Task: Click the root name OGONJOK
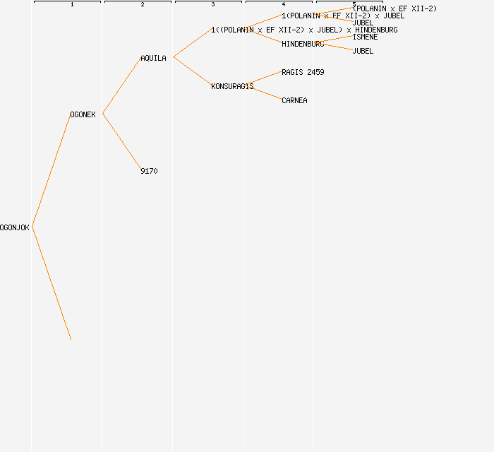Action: (15, 227)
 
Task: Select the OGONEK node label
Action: (83, 114)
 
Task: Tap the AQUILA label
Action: (153, 58)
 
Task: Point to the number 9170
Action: (149, 171)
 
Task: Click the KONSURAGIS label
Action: (232, 86)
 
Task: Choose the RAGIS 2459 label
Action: (303, 72)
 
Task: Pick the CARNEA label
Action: (294, 100)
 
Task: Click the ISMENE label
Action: (365, 37)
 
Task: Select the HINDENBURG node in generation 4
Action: (303, 44)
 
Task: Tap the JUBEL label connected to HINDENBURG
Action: (363, 51)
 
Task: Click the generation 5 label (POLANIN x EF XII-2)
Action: (394, 8)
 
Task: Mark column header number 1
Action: (72, 4)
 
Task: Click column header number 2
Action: (143, 4)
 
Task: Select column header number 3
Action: (213, 4)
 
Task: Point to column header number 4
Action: (284, 4)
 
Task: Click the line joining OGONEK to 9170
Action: (122, 142)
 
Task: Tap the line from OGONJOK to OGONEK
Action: (52, 170)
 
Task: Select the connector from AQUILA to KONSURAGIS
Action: (193, 71)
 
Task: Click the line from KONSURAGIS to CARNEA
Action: (267, 93)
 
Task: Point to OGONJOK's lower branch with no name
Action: (52, 283)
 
